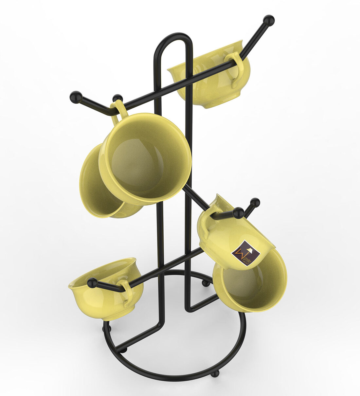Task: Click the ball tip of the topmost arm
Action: tap(269, 20)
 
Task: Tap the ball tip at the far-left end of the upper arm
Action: tap(76, 97)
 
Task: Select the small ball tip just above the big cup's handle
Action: tap(117, 98)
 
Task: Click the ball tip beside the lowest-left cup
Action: tap(92, 283)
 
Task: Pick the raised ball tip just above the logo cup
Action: tap(255, 203)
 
